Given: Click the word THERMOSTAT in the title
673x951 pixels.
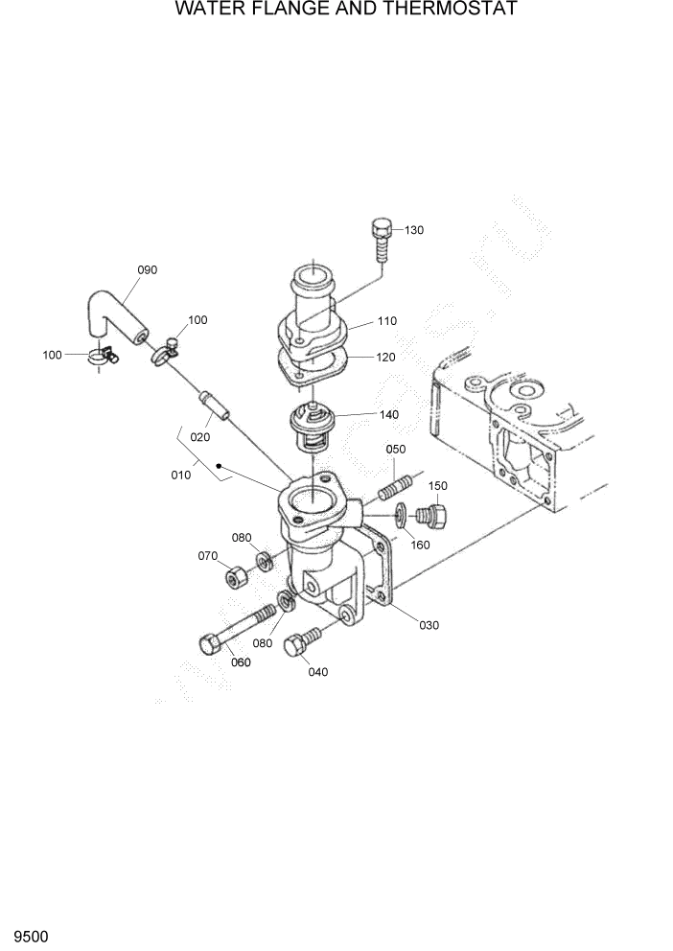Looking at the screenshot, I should [x=454, y=10].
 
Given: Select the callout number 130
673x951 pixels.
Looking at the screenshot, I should [x=413, y=230].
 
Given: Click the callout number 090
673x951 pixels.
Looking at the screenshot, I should [x=147, y=270].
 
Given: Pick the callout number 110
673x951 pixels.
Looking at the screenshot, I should [x=386, y=321].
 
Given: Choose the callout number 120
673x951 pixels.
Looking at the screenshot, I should [x=386, y=357].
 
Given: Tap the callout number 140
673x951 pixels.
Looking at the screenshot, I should [x=389, y=415].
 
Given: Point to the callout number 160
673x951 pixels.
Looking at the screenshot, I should [x=420, y=545].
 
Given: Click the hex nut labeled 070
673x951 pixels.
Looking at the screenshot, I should [x=236, y=578].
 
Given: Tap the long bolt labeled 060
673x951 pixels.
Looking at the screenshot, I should [x=236, y=629].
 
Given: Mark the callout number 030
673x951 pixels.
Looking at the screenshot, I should [x=429, y=625].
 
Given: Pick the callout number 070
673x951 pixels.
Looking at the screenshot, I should [x=207, y=556].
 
